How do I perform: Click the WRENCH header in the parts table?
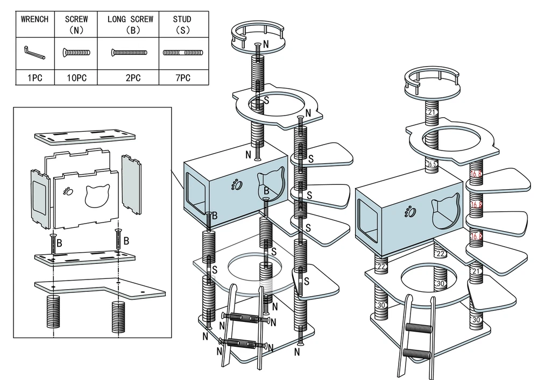[x=35, y=19]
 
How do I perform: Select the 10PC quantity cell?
[x=76, y=78]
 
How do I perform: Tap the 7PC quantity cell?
[x=183, y=78]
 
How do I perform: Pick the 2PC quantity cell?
[x=129, y=78]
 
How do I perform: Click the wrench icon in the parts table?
[x=35, y=53]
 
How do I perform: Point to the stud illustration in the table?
[x=183, y=53]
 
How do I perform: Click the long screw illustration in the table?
[x=129, y=53]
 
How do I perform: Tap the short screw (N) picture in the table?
[x=76, y=53]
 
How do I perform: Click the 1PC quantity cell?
[x=35, y=78]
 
